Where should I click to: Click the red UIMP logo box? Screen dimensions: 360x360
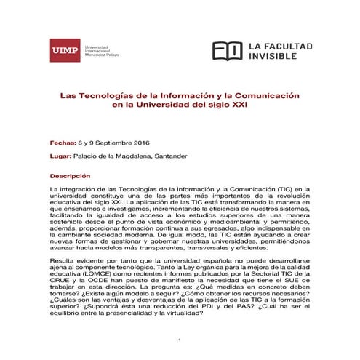click(65, 49)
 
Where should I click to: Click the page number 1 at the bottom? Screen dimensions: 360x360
click(180, 340)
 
